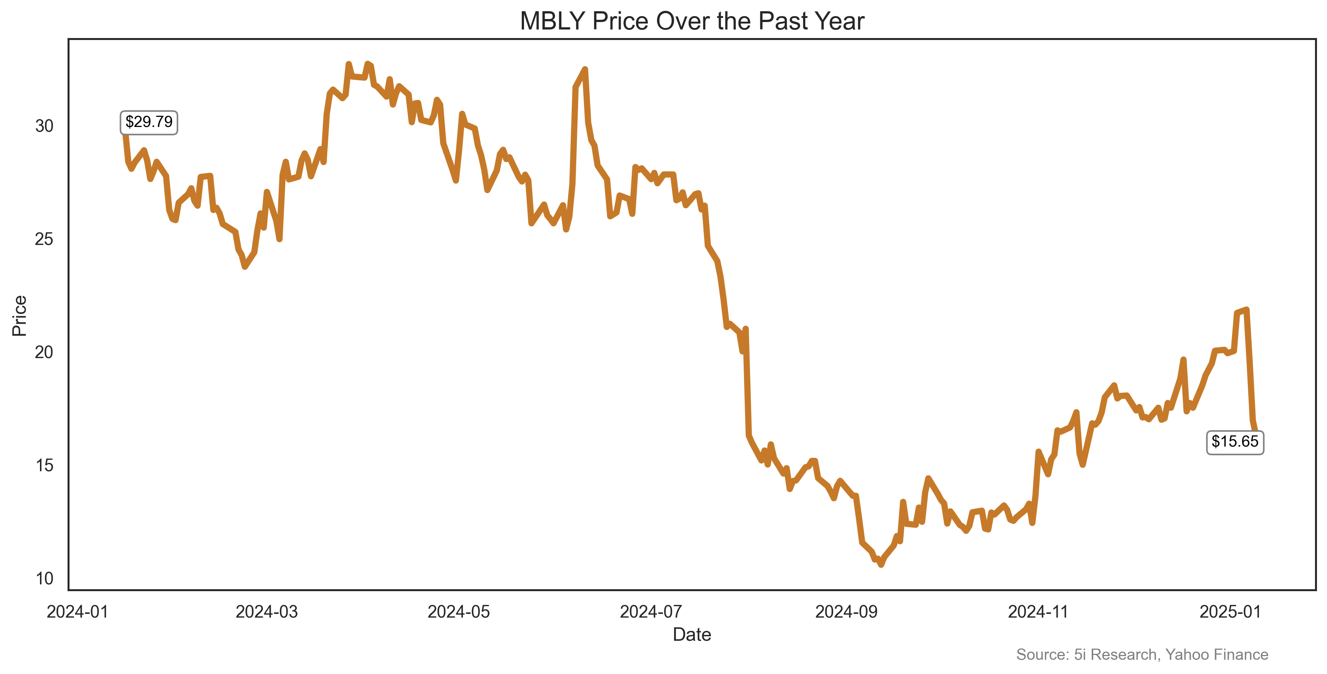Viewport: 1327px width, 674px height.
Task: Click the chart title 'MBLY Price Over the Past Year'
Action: [692, 22]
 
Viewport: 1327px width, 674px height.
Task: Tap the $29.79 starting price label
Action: [149, 122]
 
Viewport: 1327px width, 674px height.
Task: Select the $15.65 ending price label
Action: [1234, 442]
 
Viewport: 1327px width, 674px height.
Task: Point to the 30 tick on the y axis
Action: [44, 126]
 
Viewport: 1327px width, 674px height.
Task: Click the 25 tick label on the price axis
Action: [44, 239]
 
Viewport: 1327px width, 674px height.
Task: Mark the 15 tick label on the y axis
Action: [44, 466]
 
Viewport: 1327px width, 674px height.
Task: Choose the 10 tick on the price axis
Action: [44, 579]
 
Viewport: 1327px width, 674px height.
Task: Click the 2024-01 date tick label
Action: [77, 612]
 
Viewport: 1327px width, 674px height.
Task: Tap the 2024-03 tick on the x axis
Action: [266, 612]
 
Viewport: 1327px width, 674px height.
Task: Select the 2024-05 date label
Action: [459, 612]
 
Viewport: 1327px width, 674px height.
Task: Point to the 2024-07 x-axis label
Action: [651, 612]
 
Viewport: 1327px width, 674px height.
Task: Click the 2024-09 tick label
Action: [846, 612]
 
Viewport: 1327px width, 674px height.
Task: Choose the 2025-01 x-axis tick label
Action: [1230, 612]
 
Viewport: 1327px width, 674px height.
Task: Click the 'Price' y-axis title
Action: [19, 316]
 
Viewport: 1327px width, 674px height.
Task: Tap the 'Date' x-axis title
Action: [692, 635]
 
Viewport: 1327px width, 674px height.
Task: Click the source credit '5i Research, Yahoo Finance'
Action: [1142, 655]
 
